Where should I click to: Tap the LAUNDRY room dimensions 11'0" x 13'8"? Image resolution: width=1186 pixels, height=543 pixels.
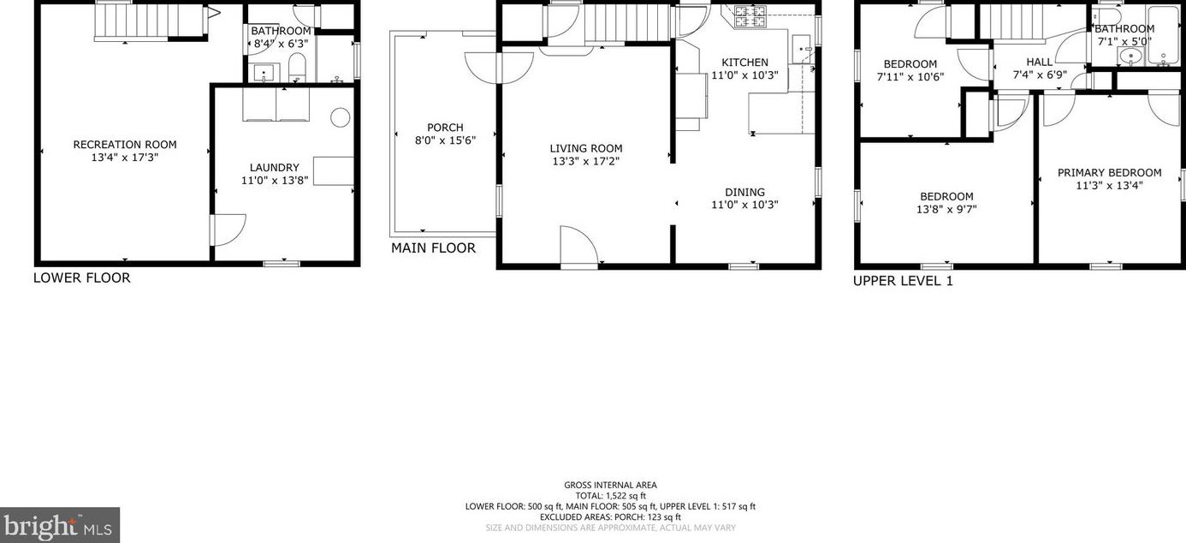[x=274, y=180]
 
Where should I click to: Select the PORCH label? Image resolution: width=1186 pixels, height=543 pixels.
[x=445, y=128]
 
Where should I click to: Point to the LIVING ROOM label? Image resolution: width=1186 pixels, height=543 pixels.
[x=585, y=148]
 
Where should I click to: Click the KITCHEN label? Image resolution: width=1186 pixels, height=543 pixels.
[x=744, y=63]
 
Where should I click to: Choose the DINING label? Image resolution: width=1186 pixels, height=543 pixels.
[x=744, y=192]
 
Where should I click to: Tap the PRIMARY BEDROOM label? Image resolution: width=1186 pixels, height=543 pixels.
[x=1109, y=172]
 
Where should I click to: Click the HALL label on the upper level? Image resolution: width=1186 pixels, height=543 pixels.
[x=1040, y=63]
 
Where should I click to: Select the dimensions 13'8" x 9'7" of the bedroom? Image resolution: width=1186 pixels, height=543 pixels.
[x=946, y=209]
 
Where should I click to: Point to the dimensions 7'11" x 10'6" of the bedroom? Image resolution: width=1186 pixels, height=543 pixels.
[x=910, y=76]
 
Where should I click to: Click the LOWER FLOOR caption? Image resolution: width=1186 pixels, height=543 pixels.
[x=82, y=277]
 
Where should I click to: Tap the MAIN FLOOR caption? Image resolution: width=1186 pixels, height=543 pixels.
[x=433, y=248]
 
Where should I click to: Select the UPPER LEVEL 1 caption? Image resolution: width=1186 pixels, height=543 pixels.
[x=903, y=281]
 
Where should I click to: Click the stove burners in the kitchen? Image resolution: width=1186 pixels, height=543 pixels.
[x=750, y=13]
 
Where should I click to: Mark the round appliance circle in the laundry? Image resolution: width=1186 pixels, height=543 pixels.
[x=341, y=117]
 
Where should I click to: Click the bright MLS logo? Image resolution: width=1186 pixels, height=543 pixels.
[x=60, y=525]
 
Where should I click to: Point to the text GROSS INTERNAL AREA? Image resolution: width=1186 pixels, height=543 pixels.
[x=610, y=485]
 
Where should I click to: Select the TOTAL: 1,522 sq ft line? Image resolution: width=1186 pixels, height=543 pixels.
[x=610, y=495]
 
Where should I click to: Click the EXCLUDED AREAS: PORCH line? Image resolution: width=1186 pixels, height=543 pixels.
[x=610, y=516]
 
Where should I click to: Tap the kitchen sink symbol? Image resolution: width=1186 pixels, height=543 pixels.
[x=802, y=49]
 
